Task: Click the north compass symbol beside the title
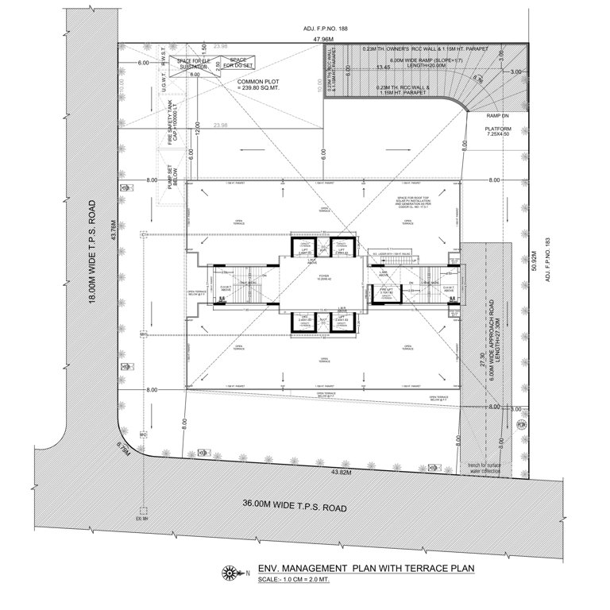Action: coord(231,570)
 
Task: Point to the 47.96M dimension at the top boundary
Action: coord(322,37)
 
